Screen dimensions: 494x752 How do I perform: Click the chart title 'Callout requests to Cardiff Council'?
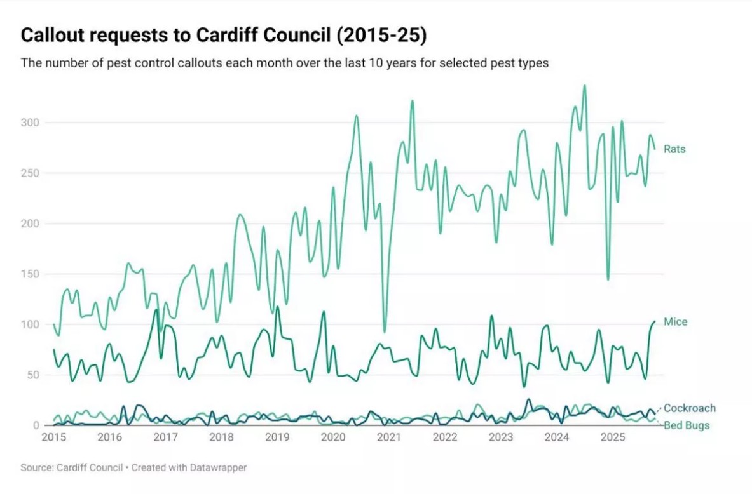point(224,36)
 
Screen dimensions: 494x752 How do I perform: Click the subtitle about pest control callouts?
point(284,63)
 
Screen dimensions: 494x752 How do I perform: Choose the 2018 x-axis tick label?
point(221,437)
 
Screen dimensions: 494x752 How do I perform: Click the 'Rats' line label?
point(674,149)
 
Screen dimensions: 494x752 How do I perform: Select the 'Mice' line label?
point(675,322)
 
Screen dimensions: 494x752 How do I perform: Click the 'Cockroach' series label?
point(689,408)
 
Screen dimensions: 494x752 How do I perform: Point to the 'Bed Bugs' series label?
point(687,425)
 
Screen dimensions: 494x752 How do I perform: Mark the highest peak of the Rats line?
point(584,86)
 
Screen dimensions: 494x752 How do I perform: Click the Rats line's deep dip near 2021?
point(384,332)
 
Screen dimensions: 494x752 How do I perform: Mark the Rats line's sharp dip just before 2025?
point(608,279)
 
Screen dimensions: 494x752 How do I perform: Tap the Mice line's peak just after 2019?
point(277,307)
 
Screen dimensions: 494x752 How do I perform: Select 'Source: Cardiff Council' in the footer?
point(71,467)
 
